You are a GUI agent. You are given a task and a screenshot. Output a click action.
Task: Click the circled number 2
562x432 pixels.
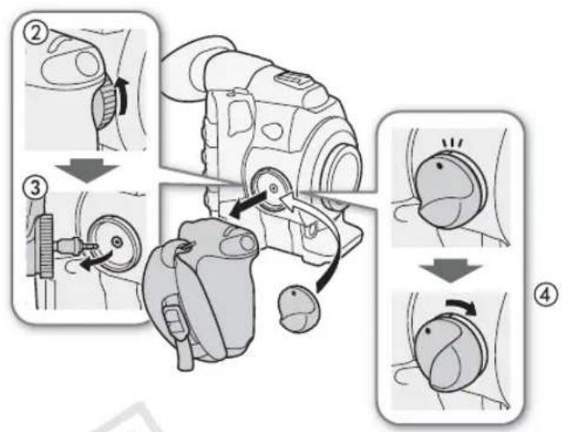click(x=34, y=34)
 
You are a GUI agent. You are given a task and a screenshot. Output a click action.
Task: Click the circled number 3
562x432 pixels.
click(x=34, y=188)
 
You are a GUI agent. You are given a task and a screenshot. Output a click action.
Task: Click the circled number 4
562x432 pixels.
click(x=545, y=296)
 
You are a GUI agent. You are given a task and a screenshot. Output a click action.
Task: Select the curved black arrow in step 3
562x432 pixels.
click(x=96, y=261)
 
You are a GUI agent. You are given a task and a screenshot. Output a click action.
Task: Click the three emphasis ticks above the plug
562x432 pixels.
click(x=452, y=143)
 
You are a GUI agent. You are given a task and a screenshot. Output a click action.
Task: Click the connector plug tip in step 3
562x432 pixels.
click(x=90, y=246)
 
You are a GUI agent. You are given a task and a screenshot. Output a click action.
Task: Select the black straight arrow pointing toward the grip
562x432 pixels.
click(x=248, y=205)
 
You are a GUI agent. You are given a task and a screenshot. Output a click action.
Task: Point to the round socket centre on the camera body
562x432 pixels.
click(x=273, y=188)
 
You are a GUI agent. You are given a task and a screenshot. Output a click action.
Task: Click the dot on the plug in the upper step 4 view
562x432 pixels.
click(x=439, y=166)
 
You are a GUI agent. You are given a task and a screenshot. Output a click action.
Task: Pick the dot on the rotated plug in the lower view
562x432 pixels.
click(x=428, y=331)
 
